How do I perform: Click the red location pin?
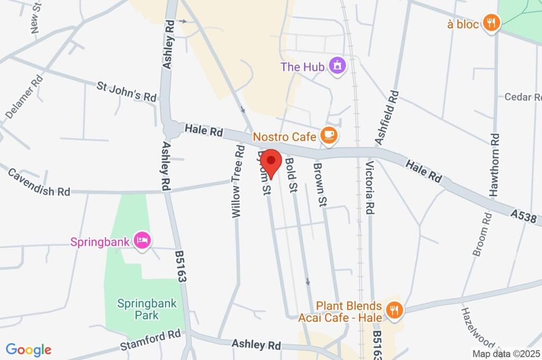pos(272,161)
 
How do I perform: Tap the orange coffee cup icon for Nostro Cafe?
pos(329,136)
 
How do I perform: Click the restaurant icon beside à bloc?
pos(492,23)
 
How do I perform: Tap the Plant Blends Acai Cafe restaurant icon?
pos(393,311)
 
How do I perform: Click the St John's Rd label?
pos(127,91)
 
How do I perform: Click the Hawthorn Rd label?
pos(494,165)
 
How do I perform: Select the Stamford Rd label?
pos(150,340)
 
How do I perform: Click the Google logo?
pos(29,349)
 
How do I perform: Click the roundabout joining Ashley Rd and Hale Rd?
pos(171,128)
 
